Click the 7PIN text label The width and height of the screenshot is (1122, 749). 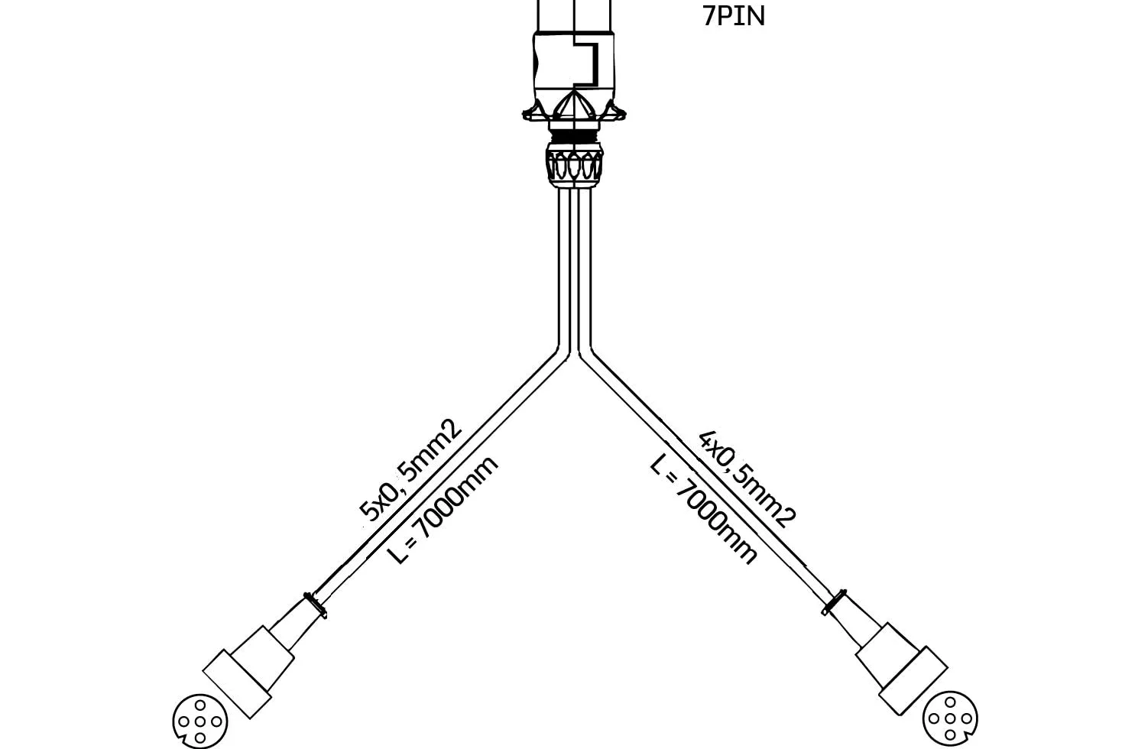[x=733, y=16]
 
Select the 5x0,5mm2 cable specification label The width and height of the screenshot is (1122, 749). [x=410, y=471]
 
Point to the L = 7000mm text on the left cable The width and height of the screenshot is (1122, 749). [x=443, y=510]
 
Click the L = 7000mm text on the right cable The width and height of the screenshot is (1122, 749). [x=702, y=509]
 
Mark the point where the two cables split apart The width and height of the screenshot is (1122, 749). [x=575, y=354]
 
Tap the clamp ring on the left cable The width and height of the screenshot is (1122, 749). [x=315, y=605]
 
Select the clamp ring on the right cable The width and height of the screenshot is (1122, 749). [x=834, y=602]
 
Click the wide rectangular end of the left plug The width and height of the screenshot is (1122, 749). [x=237, y=684]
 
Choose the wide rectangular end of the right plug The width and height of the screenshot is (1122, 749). [x=913, y=681]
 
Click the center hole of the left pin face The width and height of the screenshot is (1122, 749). [x=199, y=721]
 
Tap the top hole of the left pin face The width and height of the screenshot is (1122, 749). [x=199, y=705]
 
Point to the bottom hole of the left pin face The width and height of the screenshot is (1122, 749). [x=199, y=738]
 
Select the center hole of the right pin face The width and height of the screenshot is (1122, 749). [x=950, y=719]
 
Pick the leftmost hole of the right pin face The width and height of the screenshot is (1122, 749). [x=934, y=719]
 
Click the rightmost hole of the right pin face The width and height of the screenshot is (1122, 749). [x=967, y=719]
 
